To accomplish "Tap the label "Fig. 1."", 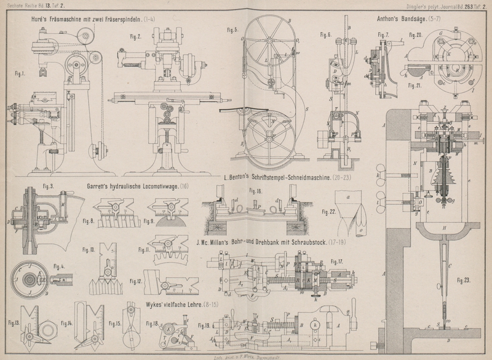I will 19,73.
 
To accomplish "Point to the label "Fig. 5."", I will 232,30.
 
